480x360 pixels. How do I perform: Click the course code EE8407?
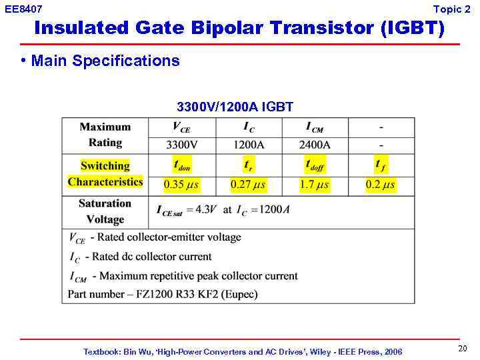23,9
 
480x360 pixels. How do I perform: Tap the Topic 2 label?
451,9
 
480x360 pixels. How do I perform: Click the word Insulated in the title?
81,29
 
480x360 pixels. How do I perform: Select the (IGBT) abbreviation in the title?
411,29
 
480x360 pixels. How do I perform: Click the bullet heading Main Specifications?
105,61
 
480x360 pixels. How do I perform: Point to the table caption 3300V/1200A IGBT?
235,107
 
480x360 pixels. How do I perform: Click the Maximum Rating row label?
105,135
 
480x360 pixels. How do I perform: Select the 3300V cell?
181,143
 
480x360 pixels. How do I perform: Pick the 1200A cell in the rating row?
248,143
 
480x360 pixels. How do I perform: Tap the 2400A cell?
314,143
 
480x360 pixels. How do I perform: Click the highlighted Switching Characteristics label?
105,174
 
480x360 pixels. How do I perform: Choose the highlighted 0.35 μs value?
181,185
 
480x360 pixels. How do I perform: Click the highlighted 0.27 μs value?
248,185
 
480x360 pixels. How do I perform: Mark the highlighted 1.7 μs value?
314,185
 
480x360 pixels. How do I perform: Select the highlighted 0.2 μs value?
380,185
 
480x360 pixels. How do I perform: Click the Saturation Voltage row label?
105,211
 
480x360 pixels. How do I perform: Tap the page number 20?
462,349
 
